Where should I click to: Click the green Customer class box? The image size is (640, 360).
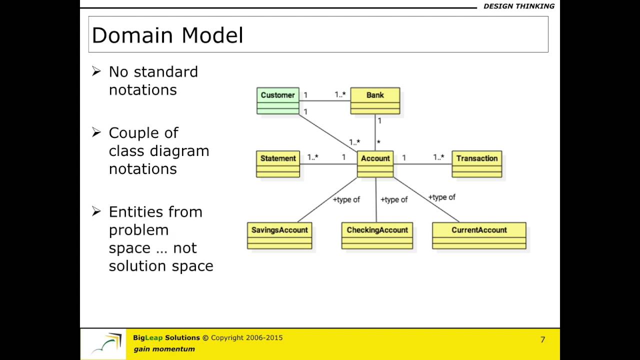(x=278, y=100)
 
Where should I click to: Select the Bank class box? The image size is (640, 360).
(x=375, y=100)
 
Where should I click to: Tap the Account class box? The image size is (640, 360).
(x=375, y=164)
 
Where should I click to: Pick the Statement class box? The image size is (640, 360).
(x=278, y=164)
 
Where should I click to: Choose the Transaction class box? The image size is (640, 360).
(x=476, y=164)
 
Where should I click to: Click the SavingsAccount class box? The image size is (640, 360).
(x=279, y=235)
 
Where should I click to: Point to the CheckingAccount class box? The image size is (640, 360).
(x=377, y=235)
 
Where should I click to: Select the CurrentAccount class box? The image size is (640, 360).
(x=479, y=235)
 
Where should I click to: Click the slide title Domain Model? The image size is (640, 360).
(x=167, y=35)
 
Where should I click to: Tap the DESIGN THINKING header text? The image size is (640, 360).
(x=518, y=6)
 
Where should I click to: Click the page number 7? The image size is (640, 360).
(x=542, y=340)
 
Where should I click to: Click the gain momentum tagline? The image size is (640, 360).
(x=164, y=349)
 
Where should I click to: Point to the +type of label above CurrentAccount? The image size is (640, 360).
(x=441, y=197)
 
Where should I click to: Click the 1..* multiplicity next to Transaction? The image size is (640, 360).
(x=438, y=157)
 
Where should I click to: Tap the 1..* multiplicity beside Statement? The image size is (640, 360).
(x=312, y=157)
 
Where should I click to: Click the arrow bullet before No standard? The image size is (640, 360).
(x=96, y=71)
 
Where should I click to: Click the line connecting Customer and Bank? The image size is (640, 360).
(x=325, y=101)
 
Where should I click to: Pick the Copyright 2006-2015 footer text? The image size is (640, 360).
(x=246, y=338)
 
